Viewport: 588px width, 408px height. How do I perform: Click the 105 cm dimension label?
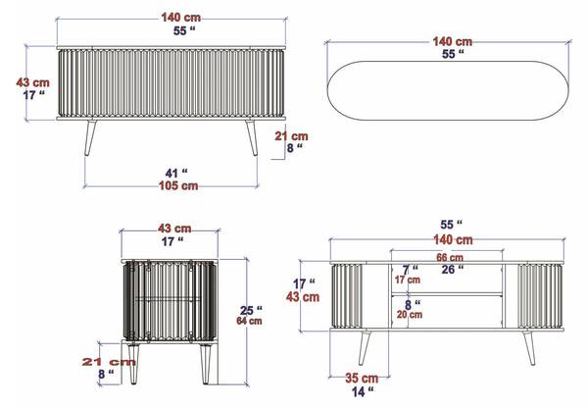[178, 185]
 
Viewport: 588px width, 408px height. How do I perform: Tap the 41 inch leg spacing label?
[176, 173]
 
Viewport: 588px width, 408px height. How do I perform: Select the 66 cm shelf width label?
[450, 258]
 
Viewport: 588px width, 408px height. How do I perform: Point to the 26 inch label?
[453, 269]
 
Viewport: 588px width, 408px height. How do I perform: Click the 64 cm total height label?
[249, 321]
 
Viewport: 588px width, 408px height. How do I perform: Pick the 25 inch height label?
[251, 310]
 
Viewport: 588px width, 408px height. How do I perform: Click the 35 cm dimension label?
[362, 379]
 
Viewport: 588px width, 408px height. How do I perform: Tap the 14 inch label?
[363, 391]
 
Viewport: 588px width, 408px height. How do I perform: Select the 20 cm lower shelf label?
[410, 315]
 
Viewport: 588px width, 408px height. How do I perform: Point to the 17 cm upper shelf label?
[408, 280]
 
